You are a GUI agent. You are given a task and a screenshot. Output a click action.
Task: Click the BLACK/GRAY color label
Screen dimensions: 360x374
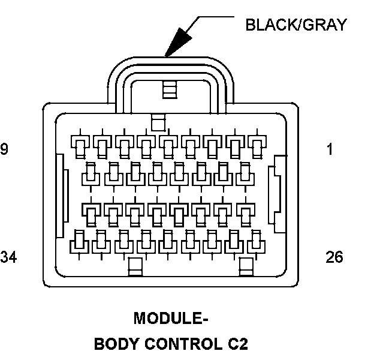(x=296, y=25)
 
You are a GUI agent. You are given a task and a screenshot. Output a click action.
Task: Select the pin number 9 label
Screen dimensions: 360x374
(x=4, y=149)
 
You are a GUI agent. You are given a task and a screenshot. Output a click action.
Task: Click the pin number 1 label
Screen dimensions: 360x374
(x=330, y=149)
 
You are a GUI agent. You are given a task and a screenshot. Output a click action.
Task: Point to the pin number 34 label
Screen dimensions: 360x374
(x=8, y=257)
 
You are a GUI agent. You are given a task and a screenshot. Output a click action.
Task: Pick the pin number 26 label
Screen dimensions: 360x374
(x=334, y=257)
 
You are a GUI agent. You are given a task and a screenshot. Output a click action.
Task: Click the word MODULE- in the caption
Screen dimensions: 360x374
(x=171, y=317)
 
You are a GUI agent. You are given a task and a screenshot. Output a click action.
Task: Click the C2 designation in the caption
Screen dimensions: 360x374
(x=235, y=344)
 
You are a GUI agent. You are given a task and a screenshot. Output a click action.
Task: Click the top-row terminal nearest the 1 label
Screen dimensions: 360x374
(x=257, y=143)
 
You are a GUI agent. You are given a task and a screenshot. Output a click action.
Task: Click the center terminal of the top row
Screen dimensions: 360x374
(x=168, y=143)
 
